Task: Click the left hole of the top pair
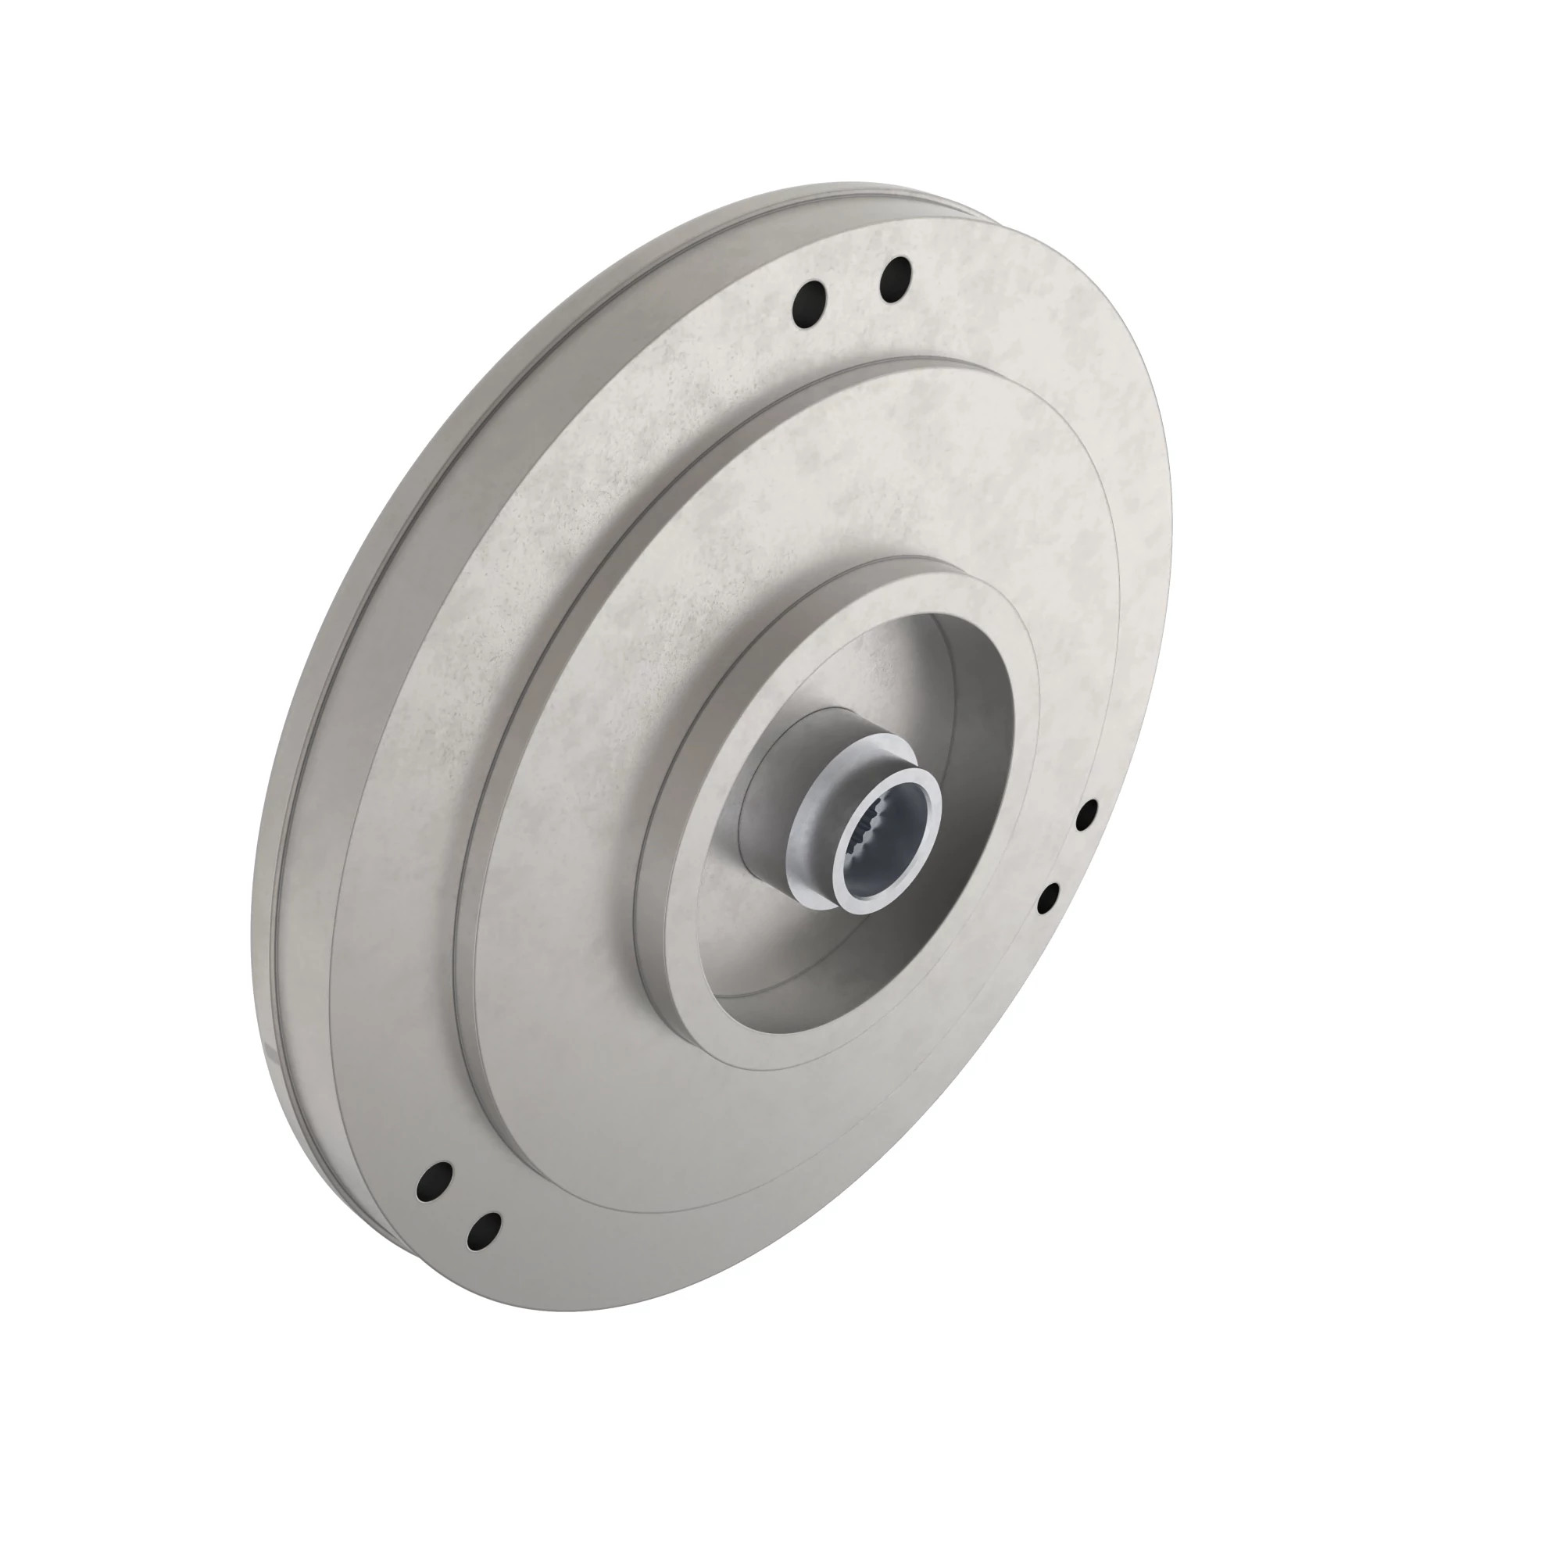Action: coord(810,305)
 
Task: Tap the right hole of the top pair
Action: coord(895,278)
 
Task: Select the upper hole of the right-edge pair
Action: coord(1088,815)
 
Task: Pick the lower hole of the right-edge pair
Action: coord(1049,898)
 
